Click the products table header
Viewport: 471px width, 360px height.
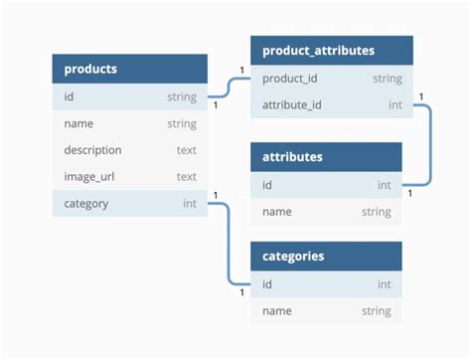point(90,69)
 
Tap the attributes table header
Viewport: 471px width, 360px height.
point(292,157)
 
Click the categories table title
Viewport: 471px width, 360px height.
point(293,256)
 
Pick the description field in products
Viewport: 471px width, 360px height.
point(92,150)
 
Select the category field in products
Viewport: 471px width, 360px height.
point(85,204)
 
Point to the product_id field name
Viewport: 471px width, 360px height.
point(291,78)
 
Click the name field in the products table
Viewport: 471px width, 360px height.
point(78,123)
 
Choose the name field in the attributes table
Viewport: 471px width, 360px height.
point(276,212)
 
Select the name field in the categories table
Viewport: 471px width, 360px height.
point(276,311)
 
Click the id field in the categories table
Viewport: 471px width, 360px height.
point(267,284)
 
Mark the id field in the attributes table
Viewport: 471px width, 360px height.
point(267,185)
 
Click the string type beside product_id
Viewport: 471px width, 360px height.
point(387,78)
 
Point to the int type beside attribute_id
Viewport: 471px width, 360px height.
point(394,104)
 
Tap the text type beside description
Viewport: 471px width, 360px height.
point(186,150)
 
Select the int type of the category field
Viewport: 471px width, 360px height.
point(189,204)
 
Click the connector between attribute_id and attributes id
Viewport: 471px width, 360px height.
point(429,144)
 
